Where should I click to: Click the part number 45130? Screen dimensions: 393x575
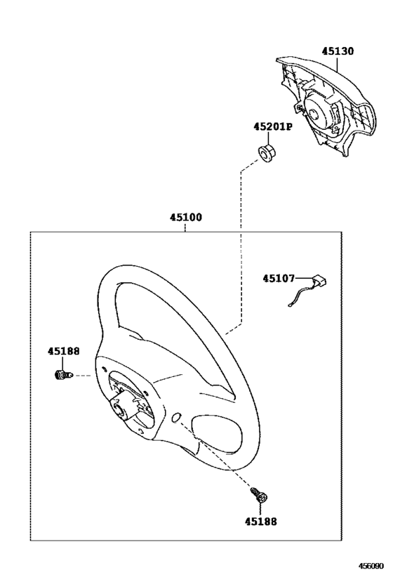338,51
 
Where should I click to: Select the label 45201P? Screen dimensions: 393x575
273,126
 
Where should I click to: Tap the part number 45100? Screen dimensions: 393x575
185,218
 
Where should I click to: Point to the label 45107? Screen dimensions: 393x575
279,279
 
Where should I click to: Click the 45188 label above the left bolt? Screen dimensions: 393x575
63,351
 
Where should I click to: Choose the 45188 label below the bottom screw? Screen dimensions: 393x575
261,521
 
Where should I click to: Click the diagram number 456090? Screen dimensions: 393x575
371,566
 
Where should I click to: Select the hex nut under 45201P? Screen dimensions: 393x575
267,154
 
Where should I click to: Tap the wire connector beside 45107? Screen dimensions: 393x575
319,282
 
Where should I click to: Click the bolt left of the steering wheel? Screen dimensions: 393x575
62,375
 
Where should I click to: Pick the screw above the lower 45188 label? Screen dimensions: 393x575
259,495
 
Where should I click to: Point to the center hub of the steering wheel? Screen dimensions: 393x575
120,407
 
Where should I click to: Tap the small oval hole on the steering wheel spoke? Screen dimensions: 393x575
176,418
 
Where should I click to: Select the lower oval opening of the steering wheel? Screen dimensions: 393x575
216,435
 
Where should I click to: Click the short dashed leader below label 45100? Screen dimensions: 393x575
185,227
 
